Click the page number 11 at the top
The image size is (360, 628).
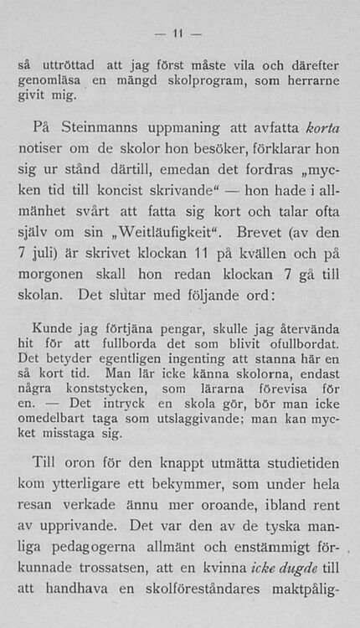click(x=177, y=34)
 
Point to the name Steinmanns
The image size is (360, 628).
click(x=106, y=128)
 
